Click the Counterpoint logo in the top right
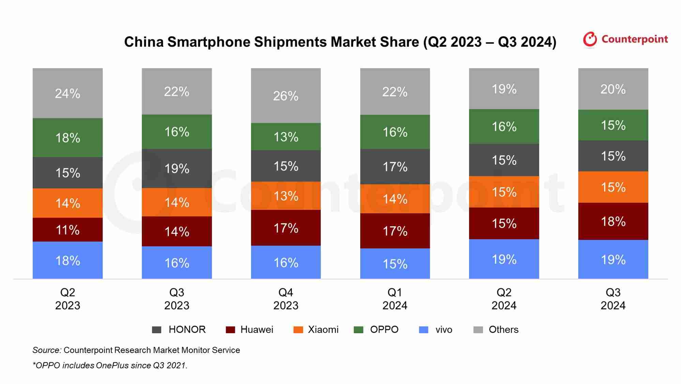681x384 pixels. (625, 40)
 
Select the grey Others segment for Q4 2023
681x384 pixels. (286, 96)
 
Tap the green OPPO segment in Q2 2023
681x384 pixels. (67, 138)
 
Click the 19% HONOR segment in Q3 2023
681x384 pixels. (177, 168)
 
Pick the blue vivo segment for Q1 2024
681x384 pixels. (395, 264)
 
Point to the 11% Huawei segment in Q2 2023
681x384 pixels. (67, 230)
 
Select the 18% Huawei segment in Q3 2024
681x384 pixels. (613, 221)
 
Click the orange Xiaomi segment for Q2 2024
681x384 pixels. (504, 192)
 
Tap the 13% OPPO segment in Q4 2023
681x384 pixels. (286, 137)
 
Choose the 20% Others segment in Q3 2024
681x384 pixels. (613, 89)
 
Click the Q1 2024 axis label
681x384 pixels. (395, 299)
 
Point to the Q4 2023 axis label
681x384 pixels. (286, 299)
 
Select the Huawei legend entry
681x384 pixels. (250, 329)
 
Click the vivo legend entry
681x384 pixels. (436, 329)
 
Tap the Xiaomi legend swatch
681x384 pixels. (298, 330)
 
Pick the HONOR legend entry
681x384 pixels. (179, 329)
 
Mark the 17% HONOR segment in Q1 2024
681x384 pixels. (395, 167)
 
